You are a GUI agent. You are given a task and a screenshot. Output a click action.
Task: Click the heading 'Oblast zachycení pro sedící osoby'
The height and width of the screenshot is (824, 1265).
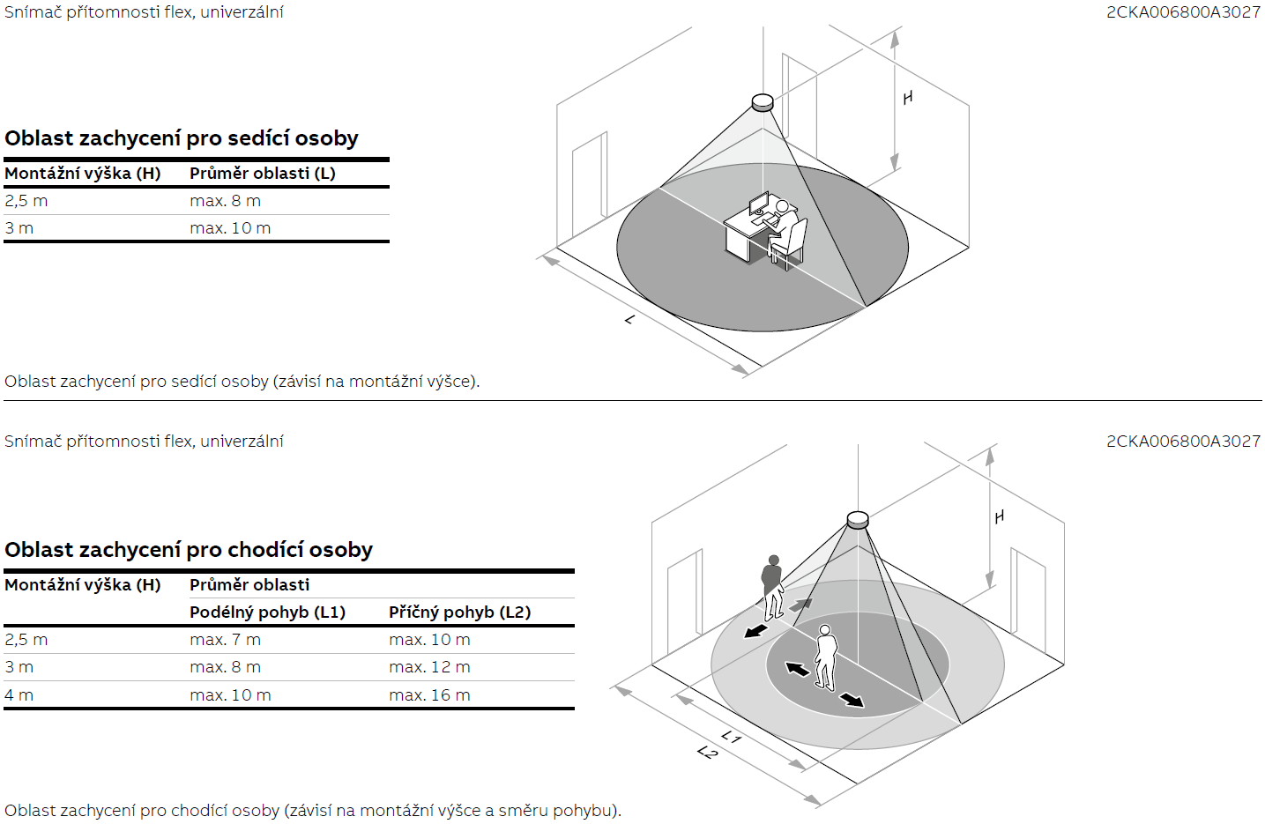click(x=182, y=139)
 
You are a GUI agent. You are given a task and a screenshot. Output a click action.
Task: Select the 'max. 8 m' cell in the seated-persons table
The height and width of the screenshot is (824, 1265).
click(x=226, y=201)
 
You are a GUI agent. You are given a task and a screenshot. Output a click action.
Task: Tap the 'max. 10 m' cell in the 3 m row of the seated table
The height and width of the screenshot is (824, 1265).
click(x=230, y=228)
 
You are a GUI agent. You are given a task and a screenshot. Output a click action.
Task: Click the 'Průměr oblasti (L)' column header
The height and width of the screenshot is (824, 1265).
click(x=263, y=174)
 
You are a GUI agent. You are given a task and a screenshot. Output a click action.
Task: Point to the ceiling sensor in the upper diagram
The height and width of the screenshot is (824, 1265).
click(x=763, y=103)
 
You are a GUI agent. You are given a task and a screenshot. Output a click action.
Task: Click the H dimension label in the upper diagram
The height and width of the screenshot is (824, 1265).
click(x=907, y=98)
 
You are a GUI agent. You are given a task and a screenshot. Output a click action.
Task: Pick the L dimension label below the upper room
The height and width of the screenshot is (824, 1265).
click(x=629, y=319)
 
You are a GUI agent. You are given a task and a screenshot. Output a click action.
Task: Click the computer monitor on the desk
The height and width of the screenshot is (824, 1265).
click(x=759, y=203)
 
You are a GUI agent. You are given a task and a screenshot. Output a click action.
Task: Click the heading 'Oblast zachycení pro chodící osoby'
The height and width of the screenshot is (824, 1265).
click(x=189, y=550)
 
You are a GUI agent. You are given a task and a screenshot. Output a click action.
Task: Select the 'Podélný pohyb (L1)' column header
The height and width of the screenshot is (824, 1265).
click(x=268, y=612)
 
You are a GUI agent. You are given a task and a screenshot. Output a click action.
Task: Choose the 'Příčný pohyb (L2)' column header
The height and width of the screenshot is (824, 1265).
click(x=460, y=612)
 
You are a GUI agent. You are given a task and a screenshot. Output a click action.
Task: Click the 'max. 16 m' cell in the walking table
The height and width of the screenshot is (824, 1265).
click(x=430, y=695)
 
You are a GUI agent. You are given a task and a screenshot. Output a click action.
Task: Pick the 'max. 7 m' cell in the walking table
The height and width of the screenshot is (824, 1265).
click(x=226, y=640)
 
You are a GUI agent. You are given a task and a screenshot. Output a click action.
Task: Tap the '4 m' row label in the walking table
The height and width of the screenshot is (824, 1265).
click(x=19, y=695)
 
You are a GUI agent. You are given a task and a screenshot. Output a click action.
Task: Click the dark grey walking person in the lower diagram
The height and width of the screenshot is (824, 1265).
click(x=772, y=588)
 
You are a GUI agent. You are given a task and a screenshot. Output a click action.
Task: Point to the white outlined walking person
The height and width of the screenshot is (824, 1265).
click(x=825, y=657)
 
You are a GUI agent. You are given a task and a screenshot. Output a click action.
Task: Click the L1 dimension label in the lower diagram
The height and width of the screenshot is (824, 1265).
click(x=731, y=737)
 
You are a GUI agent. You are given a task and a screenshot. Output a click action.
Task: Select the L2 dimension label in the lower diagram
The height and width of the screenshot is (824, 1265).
click(x=707, y=752)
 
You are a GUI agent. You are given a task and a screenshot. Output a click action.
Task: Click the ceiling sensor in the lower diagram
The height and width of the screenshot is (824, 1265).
click(x=858, y=520)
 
